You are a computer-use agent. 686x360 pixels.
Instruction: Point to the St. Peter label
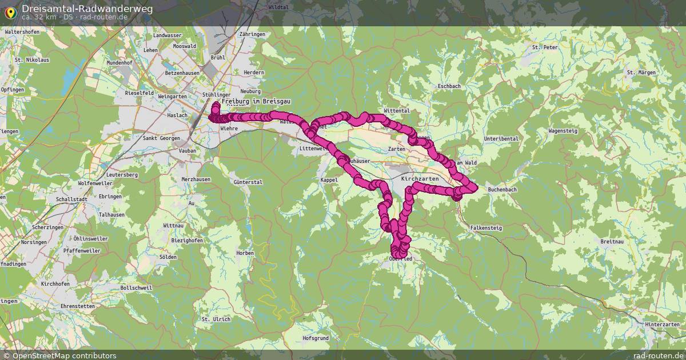coord(544,47)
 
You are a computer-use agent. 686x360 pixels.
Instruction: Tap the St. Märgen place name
coord(641,73)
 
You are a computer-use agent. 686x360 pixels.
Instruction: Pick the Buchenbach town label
coord(502,189)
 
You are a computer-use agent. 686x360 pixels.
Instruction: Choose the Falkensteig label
coord(486,227)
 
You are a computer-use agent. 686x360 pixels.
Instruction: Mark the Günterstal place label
coord(248,182)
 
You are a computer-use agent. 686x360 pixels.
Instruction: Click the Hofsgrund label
coord(316,338)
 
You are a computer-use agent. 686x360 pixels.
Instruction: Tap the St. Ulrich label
coord(216,319)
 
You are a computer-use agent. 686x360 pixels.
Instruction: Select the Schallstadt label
coord(71,199)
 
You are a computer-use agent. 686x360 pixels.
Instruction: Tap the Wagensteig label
coord(563,131)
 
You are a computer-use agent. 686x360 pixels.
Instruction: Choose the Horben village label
coord(245,253)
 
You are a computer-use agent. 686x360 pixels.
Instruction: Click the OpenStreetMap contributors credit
coord(59,355)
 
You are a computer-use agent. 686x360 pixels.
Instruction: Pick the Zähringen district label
coord(252,34)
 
